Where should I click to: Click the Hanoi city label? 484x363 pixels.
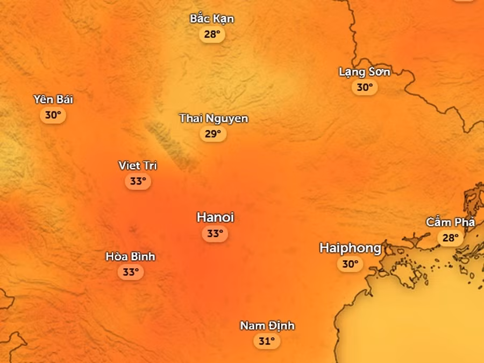point(215,218)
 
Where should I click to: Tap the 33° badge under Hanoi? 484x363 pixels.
point(215,234)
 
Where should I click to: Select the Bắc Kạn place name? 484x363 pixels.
point(212,19)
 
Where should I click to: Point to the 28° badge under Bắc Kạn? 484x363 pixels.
point(212,34)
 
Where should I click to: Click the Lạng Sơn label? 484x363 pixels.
point(365,72)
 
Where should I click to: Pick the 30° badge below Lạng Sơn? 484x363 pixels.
point(365,87)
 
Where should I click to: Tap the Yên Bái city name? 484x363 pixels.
point(53,99)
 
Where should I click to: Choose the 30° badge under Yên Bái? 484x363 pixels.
point(53,115)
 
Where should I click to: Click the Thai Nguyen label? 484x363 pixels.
point(213,118)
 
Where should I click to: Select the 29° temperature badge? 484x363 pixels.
point(213,134)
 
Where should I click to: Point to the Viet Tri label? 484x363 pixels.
point(138,165)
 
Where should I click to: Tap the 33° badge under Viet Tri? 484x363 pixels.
point(138,181)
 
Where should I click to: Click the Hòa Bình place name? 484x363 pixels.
point(130,256)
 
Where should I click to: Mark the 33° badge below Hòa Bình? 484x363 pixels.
point(130,272)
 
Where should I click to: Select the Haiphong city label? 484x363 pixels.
point(350,248)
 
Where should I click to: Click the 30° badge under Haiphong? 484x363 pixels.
point(350,264)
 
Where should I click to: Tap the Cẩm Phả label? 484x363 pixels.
point(450,222)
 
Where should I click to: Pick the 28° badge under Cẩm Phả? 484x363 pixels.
point(450,238)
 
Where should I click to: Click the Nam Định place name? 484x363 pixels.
point(267,325)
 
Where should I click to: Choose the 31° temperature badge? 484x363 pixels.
point(267,341)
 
